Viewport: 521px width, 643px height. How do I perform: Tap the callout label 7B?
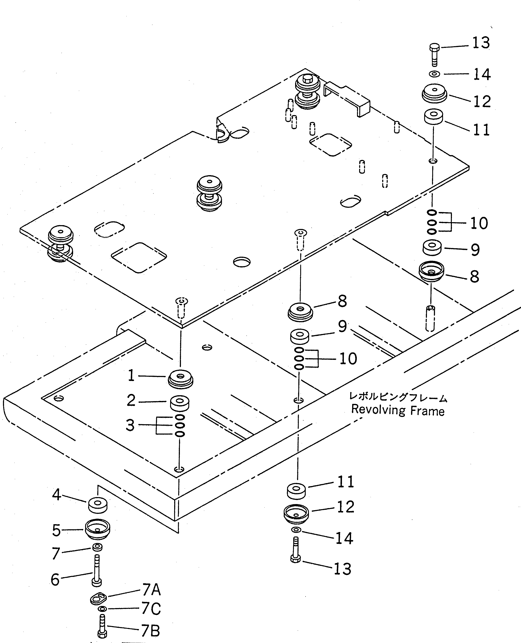point(150,631)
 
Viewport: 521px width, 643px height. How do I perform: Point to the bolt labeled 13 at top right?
point(434,55)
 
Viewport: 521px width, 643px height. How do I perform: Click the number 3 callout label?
point(130,425)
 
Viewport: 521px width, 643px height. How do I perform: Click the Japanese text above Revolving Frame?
point(398,397)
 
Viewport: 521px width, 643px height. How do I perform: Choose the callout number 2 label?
point(131,400)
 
